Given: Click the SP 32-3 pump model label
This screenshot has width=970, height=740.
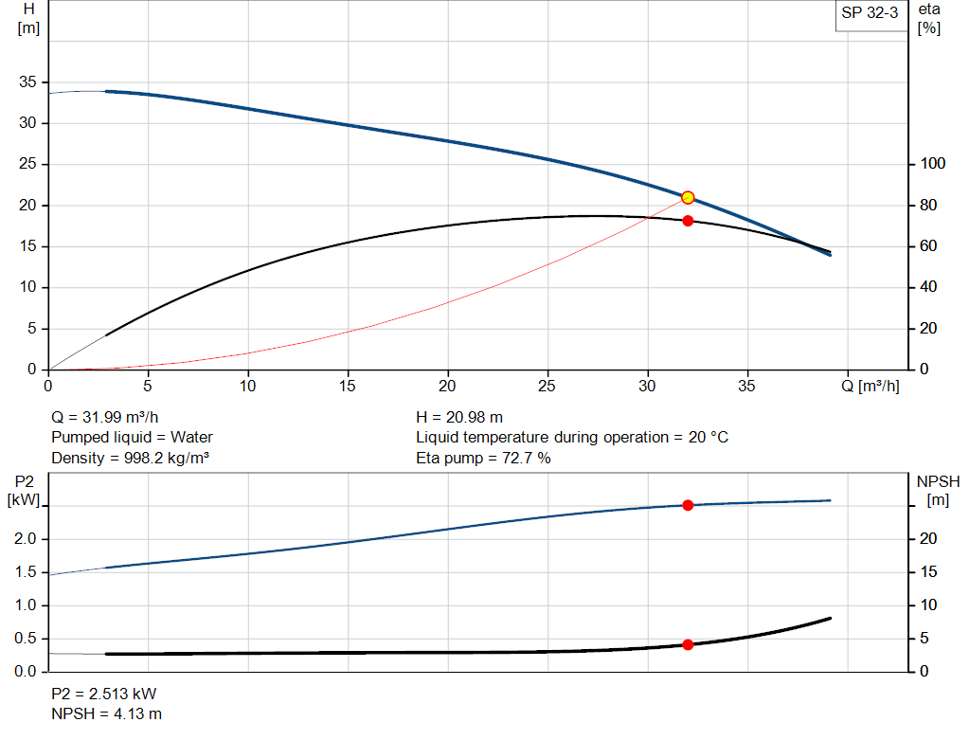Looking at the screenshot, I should (870, 13).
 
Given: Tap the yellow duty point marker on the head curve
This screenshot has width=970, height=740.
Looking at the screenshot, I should (688, 197).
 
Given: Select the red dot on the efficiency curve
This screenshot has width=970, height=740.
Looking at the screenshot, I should (688, 221).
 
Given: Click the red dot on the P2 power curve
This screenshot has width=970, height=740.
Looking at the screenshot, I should (688, 505).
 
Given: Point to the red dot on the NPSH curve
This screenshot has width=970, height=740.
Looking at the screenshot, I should (688, 644).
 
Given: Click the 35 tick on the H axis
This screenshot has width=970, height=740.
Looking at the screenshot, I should (27, 82).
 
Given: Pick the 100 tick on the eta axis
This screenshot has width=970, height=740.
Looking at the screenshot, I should (934, 164).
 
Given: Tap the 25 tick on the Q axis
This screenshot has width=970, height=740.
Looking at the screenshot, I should (548, 386).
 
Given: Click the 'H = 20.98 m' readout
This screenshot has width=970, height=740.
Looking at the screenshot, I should (459, 417).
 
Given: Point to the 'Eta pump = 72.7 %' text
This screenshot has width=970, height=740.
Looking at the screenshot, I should (483, 459).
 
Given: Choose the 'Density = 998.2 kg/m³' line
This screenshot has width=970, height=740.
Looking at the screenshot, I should (130, 459).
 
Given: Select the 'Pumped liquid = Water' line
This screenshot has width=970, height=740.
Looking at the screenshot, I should (132, 438).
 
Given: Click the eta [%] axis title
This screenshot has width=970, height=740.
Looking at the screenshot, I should (928, 19).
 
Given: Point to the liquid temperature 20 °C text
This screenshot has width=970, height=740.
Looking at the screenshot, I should (572, 438).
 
